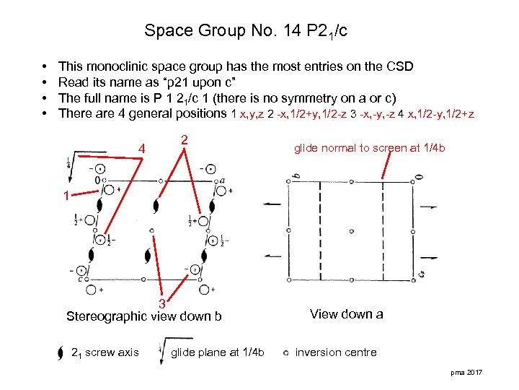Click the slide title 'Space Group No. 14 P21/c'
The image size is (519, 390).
(247, 31)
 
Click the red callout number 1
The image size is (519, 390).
(66, 195)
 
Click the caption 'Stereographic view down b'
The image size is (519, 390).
(144, 316)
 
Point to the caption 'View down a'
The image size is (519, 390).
(346, 314)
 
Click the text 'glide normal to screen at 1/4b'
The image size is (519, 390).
(369, 148)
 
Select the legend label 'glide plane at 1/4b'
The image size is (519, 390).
(218, 352)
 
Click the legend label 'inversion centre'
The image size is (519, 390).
(336, 352)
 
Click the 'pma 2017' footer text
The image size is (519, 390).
(468, 371)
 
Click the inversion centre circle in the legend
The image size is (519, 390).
(286, 353)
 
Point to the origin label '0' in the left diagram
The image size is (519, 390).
(98, 179)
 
